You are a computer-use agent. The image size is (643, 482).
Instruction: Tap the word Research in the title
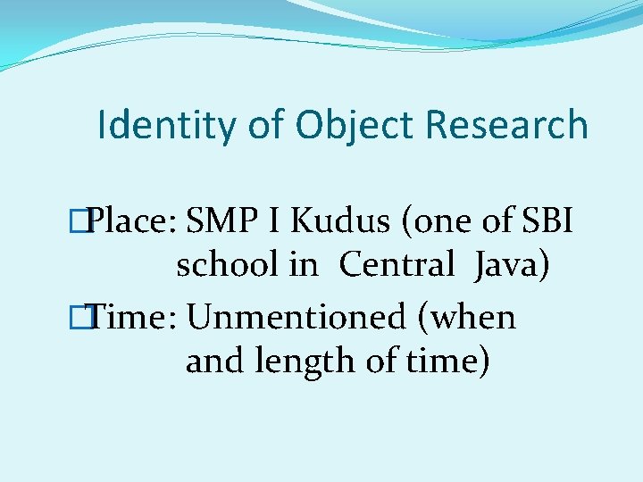(506, 125)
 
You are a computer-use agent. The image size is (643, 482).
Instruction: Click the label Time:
(133, 316)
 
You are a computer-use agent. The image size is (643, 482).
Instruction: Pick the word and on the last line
(215, 361)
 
